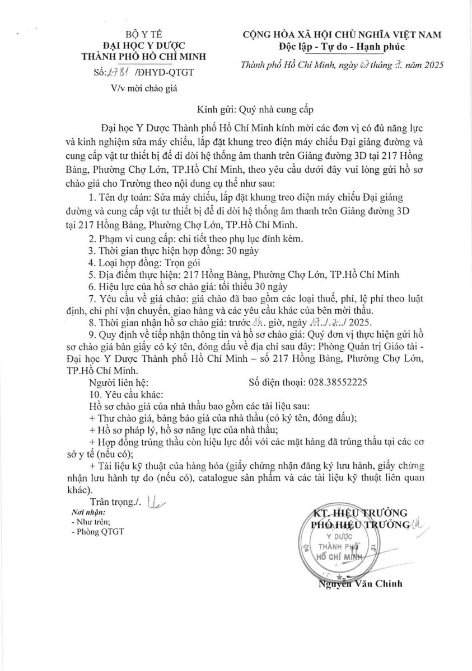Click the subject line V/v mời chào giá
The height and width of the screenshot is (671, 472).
pos(139,88)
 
